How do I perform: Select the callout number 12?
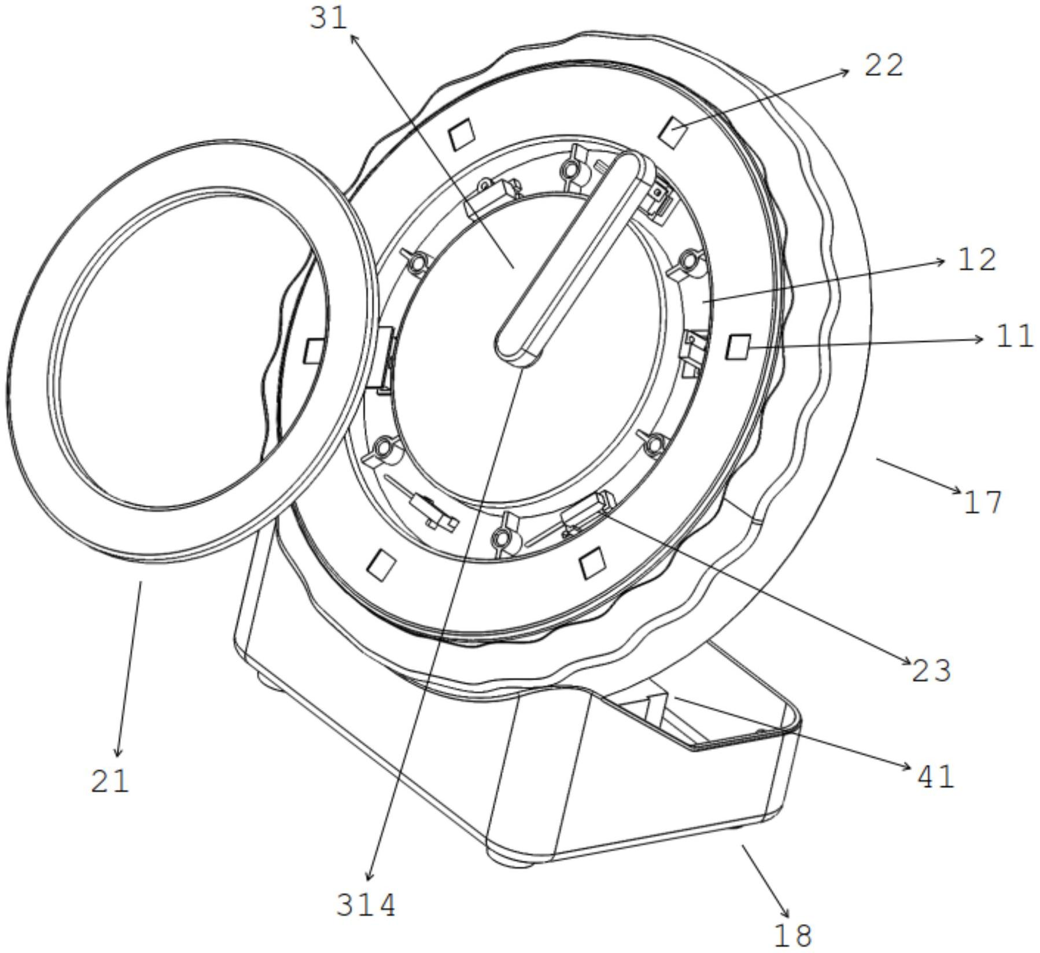[x=978, y=260]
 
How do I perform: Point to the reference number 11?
[x=1014, y=336]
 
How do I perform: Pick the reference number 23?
[x=931, y=671]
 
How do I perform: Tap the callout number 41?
[x=935, y=777]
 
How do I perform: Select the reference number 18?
[x=792, y=935]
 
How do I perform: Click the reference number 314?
[x=366, y=906]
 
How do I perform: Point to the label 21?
[x=110, y=781]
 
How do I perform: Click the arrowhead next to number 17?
[x=957, y=491]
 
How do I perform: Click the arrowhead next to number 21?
[x=119, y=750]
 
